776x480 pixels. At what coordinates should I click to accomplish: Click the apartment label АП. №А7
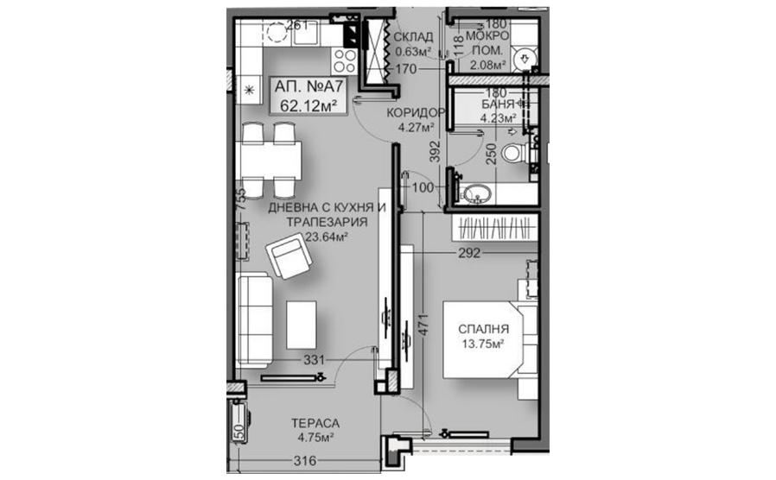click(x=308, y=86)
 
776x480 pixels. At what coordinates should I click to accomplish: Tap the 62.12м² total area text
click(x=308, y=105)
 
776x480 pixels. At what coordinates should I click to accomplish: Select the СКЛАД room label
click(x=413, y=37)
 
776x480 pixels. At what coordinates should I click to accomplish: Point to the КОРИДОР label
click(x=416, y=113)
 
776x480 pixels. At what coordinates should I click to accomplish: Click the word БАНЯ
click(x=498, y=104)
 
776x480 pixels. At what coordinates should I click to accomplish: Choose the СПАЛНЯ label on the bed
click(x=484, y=329)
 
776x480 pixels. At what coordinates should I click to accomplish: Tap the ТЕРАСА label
click(x=315, y=424)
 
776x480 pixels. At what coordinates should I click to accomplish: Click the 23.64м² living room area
click(x=326, y=237)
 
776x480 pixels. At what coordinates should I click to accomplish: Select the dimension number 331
click(x=315, y=360)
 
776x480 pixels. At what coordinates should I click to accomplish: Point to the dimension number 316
click(x=305, y=461)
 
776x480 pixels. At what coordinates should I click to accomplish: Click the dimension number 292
click(x=468, y=253)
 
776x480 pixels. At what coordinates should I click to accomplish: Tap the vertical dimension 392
click(x=434, y=152)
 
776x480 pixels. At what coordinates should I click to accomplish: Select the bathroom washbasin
click(x=476, y=193)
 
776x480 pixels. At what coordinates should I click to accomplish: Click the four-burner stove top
click(x=344, y=62)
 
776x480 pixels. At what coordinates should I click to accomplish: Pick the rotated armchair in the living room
click(x=289, y=257)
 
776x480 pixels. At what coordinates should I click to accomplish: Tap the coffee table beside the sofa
click(x=302, y=325)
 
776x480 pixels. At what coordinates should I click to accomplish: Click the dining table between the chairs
click(x=269, y=161)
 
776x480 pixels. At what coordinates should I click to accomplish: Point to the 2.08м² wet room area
click(x=487, y=65)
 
